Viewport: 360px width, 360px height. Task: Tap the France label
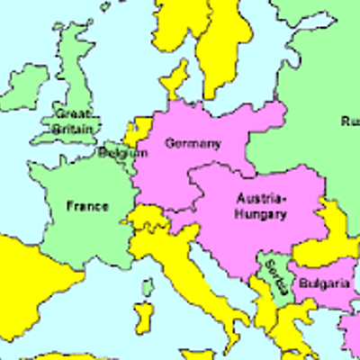(x=87, y=206)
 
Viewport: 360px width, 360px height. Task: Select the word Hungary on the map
(x=261, y=214)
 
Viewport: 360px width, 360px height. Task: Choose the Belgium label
(x=123, y=153)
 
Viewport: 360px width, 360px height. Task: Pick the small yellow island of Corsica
(x=147, y=287)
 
